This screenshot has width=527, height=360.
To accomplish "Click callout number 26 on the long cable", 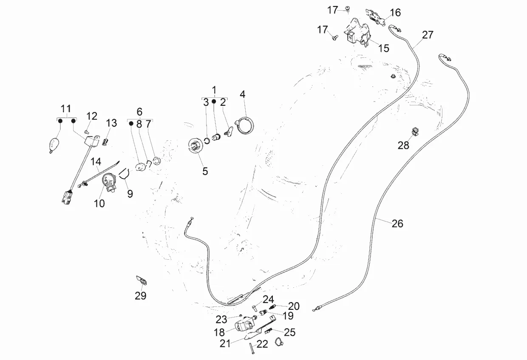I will [x=397, y=224].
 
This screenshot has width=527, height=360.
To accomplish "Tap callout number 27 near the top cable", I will [x=428, y=35].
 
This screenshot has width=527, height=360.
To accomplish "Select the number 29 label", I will [x=141, y=296].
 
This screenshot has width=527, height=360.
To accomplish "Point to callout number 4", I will [x=243, y=94].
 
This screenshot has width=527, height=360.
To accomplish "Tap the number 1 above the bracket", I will [x=214, y=90].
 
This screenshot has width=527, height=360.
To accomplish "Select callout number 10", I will [x=99, y=204].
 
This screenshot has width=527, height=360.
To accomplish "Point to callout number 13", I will [x=111, y=123].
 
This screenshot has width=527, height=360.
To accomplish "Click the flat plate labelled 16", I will [x=375, y=16].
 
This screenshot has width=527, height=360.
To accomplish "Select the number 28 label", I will [x=403, y=145].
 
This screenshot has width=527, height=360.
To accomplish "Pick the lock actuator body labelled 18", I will [x=246, y=326].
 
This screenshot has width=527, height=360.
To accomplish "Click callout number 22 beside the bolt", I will [x=263, y=344].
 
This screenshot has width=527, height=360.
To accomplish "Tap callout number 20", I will [x=294, y=306].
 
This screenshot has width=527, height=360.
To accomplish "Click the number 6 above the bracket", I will [x=139, y=112].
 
